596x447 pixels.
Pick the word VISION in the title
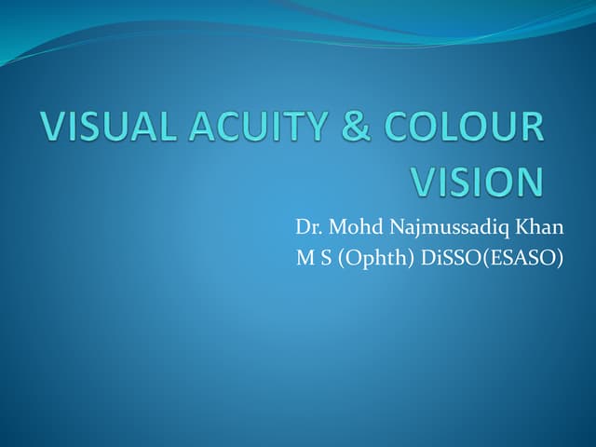(476, 181)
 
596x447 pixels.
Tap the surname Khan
(542, 227)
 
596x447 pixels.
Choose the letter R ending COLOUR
(531, 129)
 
